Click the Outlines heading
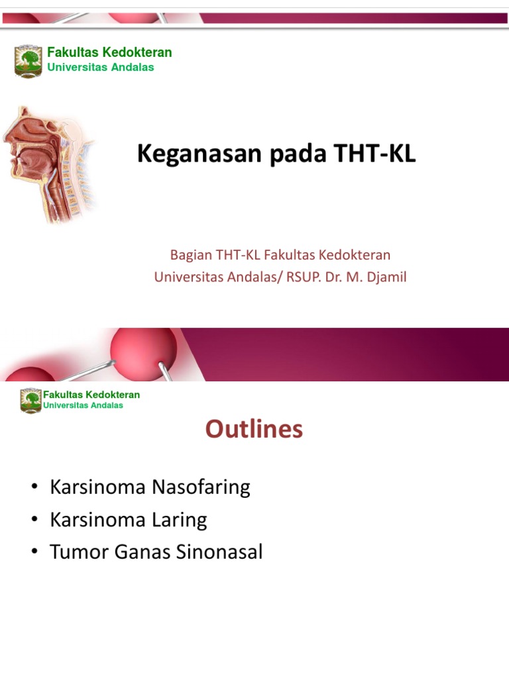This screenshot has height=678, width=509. click(254, 429)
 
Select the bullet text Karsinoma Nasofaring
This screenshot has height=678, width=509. click(150, 487)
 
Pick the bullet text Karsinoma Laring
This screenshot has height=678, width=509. click(128, 520)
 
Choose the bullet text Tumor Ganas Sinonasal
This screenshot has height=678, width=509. click(156, 552)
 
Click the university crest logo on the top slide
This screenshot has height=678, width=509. click(28, 60)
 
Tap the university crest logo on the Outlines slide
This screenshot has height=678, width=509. click(30, 401)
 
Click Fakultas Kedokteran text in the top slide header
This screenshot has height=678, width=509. click(109, 52)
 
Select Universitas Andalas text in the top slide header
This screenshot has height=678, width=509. click(100, 68)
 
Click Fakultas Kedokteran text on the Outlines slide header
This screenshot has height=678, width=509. click(91, 395)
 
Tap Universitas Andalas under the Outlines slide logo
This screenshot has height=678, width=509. click(83, 405)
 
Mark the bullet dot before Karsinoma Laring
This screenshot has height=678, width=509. click(34, 520)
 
